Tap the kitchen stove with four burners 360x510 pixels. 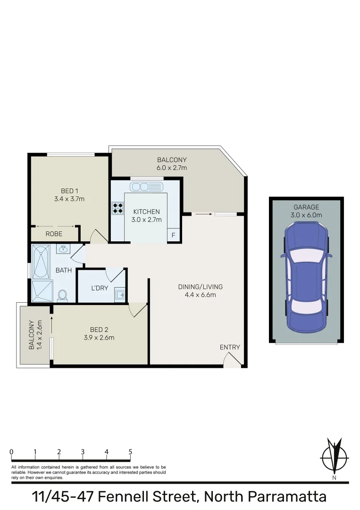pos(117,208)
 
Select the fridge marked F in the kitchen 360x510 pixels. pos(173,235)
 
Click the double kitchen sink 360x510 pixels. pos(146,186)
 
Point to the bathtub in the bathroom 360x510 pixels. pos(40,262)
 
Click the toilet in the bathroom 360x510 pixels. pos(62,296)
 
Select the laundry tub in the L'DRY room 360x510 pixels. pos(120,296)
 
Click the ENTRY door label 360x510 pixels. pos(230,347)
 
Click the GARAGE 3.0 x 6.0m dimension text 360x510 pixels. pos(306,215)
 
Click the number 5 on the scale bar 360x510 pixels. pos(130,452)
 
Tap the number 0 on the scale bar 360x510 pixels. pos(11,452)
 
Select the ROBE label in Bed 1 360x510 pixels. pos(54,234)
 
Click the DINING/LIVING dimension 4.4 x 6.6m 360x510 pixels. pos(200,295)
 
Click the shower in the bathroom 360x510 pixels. pos(42,291)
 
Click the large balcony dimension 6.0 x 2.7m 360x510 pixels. pos(172,168)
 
